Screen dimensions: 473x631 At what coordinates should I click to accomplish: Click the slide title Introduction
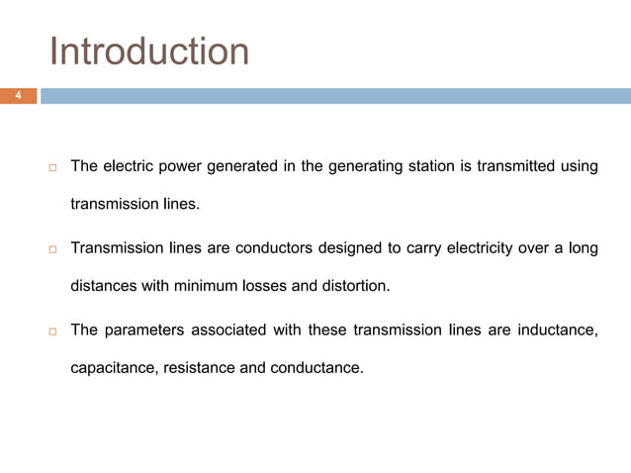(x=149, y=51)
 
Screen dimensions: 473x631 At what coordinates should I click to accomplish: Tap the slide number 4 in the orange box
(x=17, y=96)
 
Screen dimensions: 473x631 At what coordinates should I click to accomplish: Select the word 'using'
(x=579, y=166)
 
